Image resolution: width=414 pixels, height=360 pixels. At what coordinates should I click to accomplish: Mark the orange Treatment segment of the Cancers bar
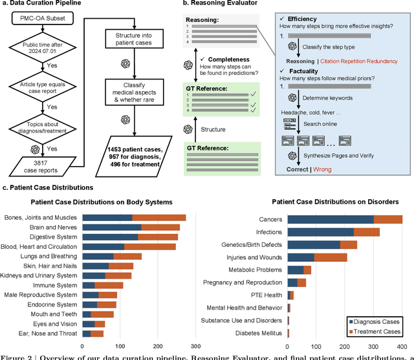(388, 219)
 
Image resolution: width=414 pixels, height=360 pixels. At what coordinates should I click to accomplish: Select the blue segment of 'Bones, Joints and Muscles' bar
(107, 218)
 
